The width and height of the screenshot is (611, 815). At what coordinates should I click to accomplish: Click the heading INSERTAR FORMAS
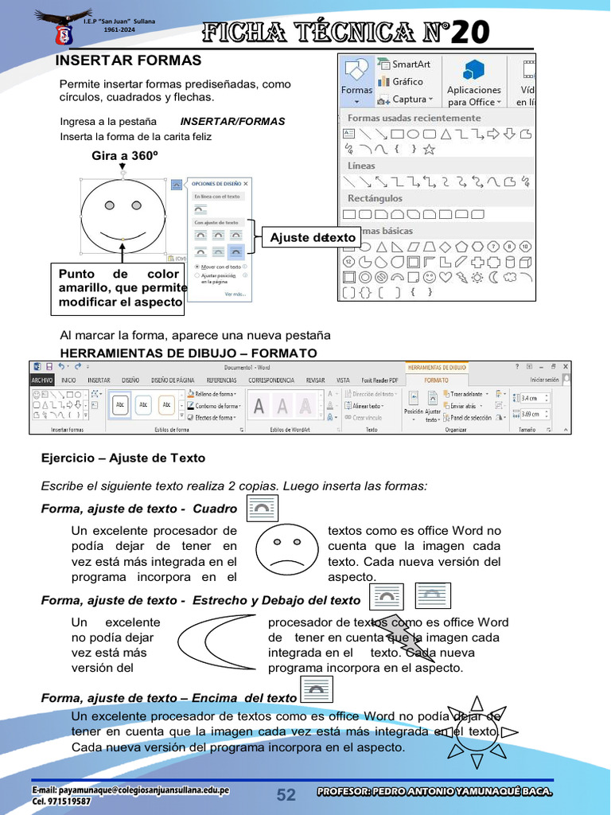(128, 60)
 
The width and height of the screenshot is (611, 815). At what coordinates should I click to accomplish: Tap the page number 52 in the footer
(286, 794)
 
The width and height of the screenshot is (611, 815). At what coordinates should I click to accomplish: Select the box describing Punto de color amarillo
(119, 288)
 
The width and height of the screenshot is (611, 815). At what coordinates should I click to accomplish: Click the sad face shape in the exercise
(287, 548)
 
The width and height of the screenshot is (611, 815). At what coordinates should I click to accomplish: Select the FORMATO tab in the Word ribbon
(436, 380)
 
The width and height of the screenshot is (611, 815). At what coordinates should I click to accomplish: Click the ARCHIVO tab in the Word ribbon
(42, 380)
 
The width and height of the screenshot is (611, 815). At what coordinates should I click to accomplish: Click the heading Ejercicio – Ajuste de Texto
(123, 458)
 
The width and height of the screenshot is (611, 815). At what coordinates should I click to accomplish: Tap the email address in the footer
(130, 790)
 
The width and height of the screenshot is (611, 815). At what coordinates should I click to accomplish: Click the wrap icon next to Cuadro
(263, 507)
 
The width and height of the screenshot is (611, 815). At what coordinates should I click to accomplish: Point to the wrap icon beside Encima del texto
(317, 690)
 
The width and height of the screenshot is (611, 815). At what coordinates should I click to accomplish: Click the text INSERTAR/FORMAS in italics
(232, 122)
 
